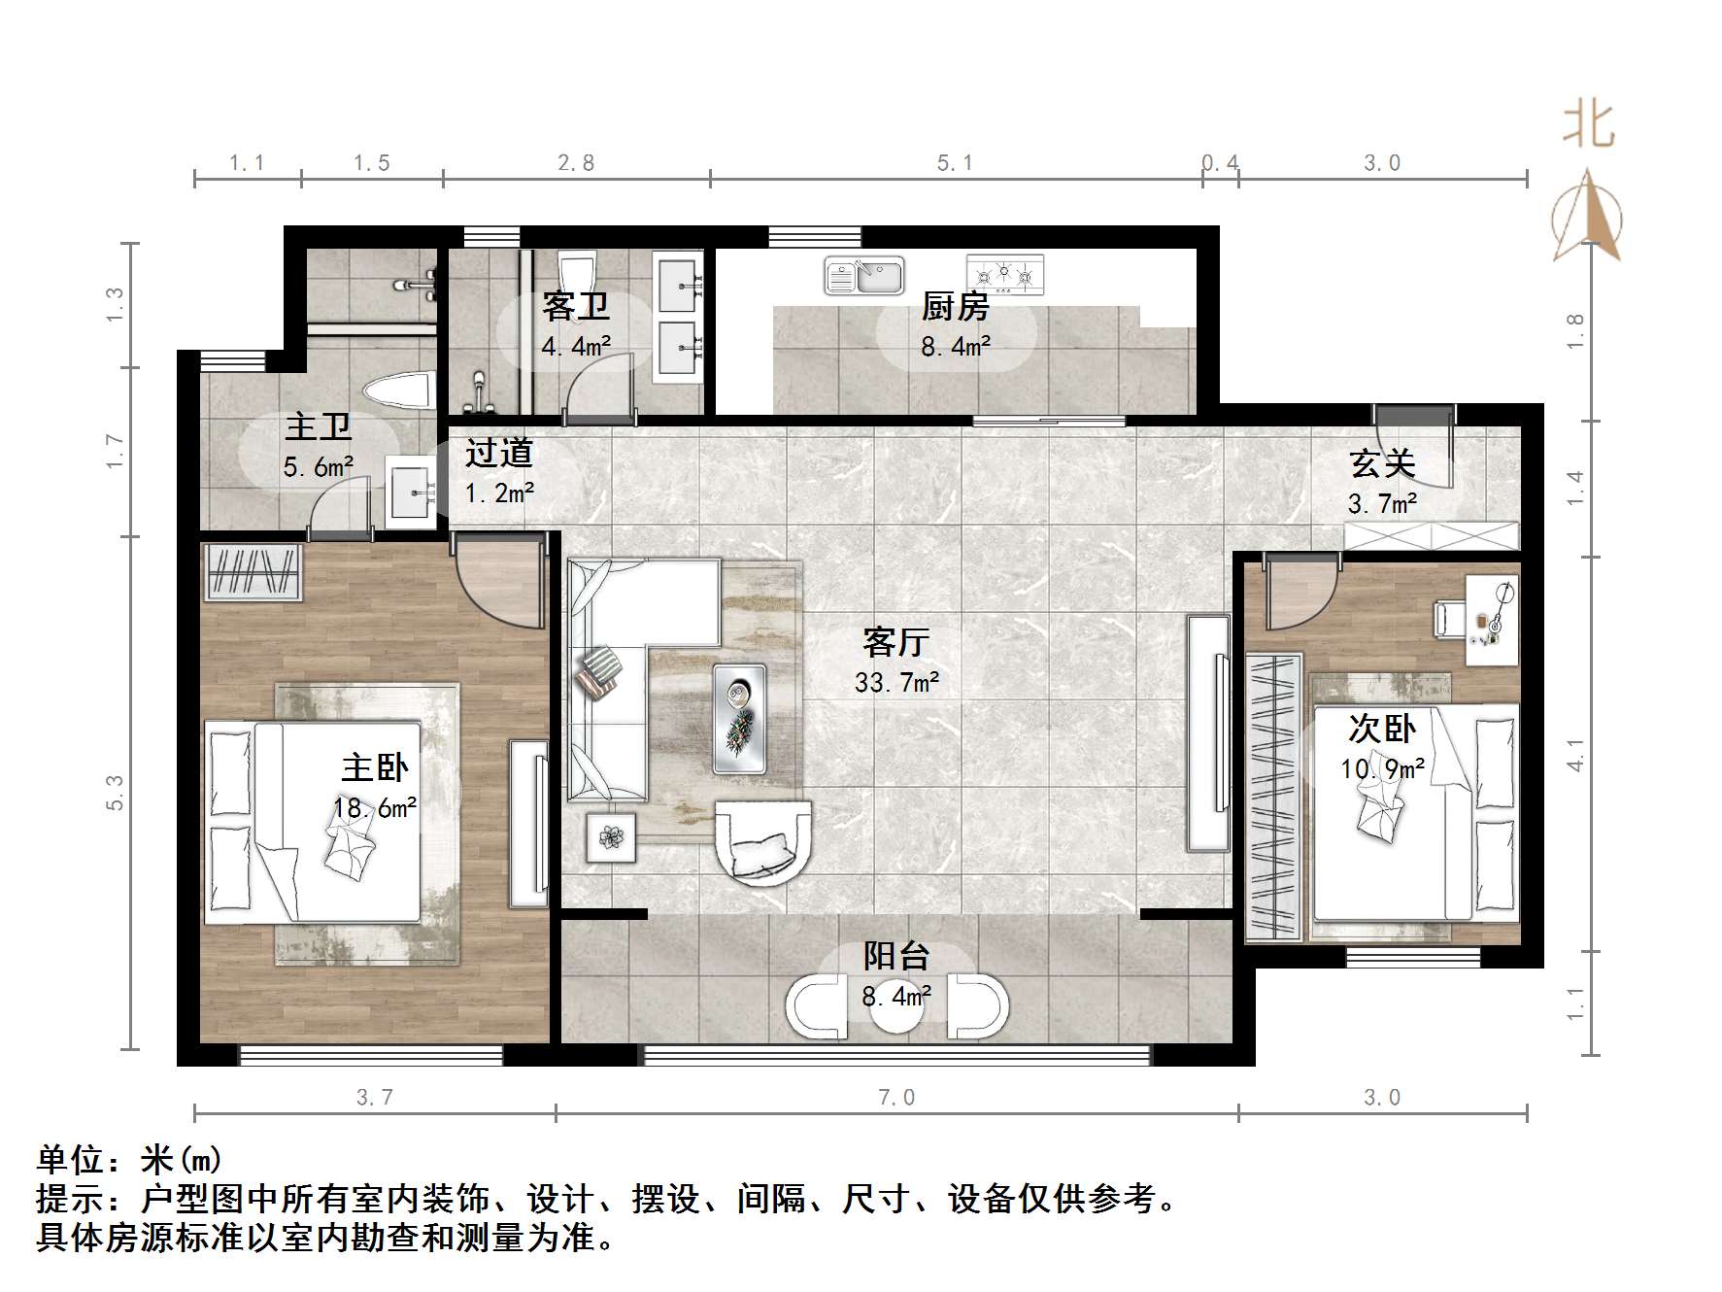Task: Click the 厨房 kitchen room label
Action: (955, 307)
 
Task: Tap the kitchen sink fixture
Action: (863, 276)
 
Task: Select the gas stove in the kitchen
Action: (1004, 275)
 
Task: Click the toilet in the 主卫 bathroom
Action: (398, 392)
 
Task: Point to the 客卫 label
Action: (576, 307)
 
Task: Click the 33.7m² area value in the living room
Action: (896, 683)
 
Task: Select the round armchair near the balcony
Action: (762, 842)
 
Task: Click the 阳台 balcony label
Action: (896, 956)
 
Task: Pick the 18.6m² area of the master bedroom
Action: (375, 808)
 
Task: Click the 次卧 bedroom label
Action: (1381, 729)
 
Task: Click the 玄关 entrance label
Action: (1382, 464)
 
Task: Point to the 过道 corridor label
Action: (498, 453)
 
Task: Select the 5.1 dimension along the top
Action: (954, 163)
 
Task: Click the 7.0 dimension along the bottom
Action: (895, 1098)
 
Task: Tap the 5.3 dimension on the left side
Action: (115, 792)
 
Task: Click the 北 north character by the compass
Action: (1588, 125)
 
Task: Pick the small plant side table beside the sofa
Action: (611, 837)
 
